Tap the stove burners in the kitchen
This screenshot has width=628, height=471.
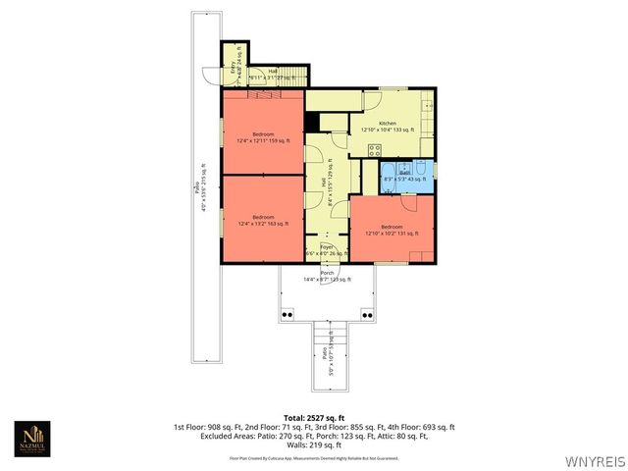pos(374,150)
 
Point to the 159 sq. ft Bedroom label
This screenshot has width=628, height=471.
pos(263,138)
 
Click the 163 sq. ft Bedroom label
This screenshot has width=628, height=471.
pos(263,221)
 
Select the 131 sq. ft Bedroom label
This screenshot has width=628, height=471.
pos(392,231)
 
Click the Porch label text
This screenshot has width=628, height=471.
pos(327,276)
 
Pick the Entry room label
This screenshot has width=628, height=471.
pos(233,69)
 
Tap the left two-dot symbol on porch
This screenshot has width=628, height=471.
pos(288,314)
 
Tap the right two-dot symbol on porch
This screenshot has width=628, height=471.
pos(366,314)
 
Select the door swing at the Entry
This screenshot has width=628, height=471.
pos(209,77)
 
